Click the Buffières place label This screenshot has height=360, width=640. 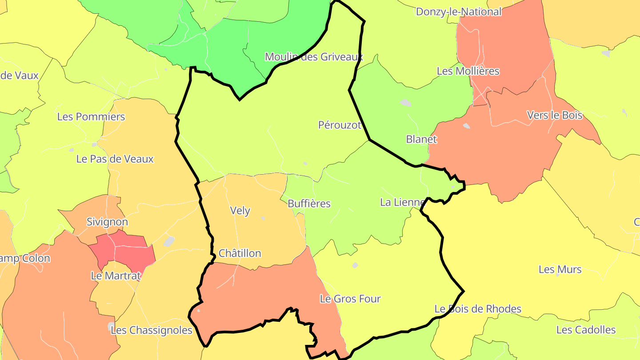click(309, 204)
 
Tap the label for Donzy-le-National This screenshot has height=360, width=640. click(458, 12)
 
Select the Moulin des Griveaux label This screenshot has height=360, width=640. click(314, 57)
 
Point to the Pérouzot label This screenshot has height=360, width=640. click(340, 125)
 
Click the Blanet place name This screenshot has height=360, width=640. click(421, 139)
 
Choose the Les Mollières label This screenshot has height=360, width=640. click(468, 71)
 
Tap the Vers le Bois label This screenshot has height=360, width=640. click(554, 115)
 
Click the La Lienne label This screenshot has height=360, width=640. click(402, 202)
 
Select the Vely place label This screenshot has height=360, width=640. click(240, 211)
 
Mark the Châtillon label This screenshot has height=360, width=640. click(240, 253)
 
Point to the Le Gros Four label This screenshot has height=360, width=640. click(350, 299)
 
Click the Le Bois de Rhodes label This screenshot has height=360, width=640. click(478, 308)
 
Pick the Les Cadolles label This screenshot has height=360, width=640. click(586, 330)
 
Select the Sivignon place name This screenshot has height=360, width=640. click(107, 222)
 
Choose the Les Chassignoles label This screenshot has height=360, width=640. click(151, 330)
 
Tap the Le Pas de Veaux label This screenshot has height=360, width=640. click(115, 159)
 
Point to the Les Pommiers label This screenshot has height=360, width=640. click(91, 117)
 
